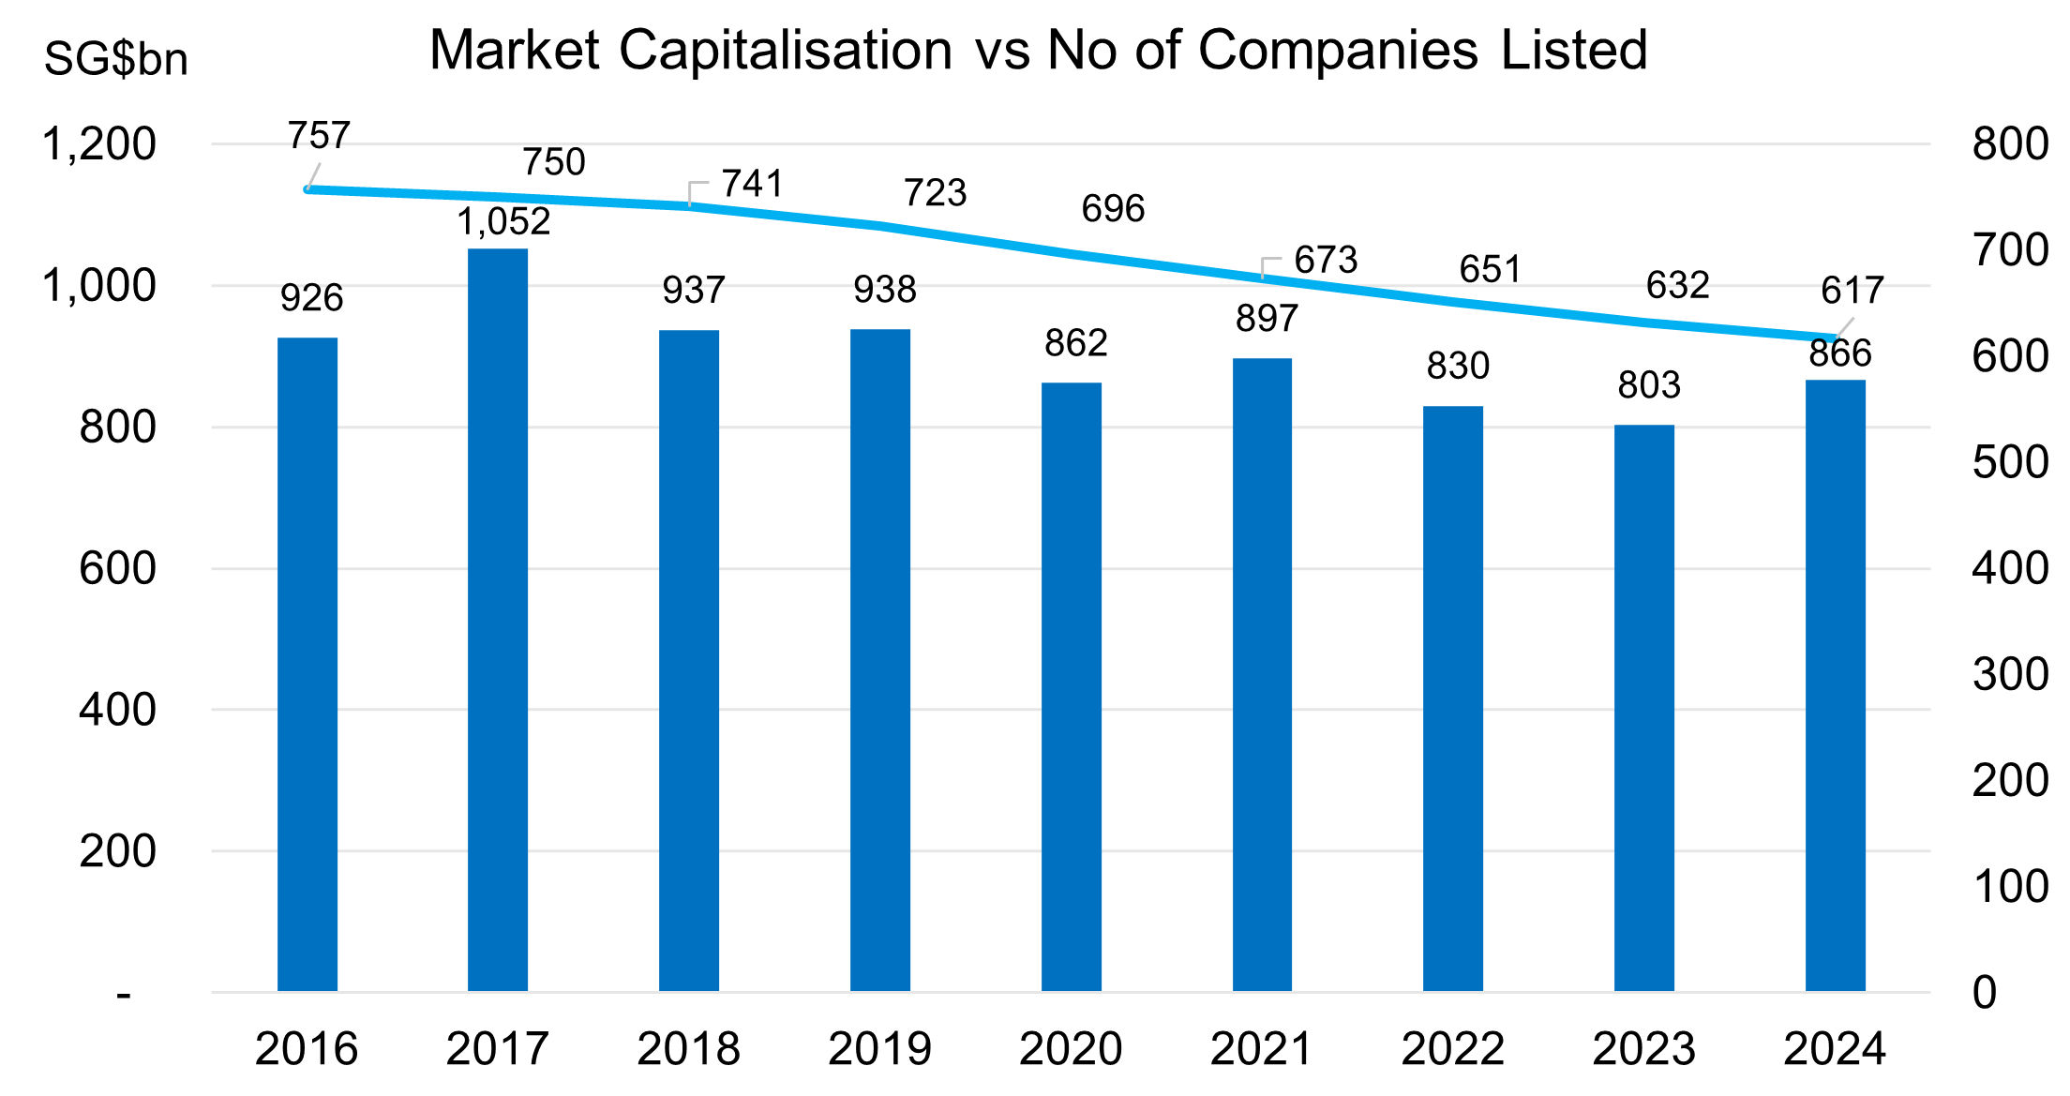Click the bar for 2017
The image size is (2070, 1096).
498,619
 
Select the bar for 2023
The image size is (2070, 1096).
1643,708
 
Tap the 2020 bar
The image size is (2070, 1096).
1071,686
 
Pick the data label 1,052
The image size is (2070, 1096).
503,222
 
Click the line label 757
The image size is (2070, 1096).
319,136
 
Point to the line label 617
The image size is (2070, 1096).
1852,291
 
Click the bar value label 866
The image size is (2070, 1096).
1839,353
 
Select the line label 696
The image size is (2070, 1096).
1113,208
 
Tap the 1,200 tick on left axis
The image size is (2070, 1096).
99,144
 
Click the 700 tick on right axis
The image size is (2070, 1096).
2009,250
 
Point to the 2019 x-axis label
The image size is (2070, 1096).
879,1048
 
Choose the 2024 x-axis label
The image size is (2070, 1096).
1834,1048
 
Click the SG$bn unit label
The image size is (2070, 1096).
116,59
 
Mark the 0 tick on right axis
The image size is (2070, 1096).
1984,992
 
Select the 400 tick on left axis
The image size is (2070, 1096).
117,710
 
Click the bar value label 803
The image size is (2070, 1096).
1649,385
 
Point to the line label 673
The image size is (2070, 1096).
1326,260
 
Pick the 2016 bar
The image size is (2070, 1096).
307,664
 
